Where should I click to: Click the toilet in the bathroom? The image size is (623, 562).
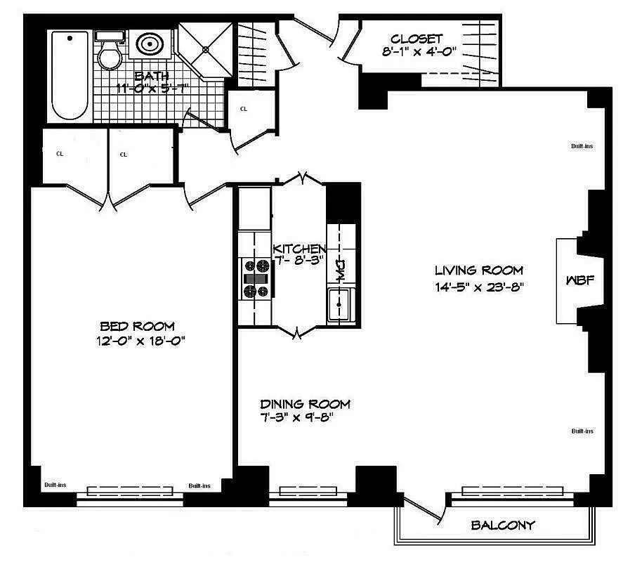pyautogui.click(x=109, y=53)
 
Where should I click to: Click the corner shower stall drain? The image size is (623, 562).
pyautogui.click(x=204, y=49)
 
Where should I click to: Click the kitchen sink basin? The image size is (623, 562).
pyautogui.click(x=341, y=305)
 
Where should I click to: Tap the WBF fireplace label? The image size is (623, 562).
pyautogui.click(x=581, y=280)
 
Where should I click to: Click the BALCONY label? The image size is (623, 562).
pyautogui.click(x=503, y=525)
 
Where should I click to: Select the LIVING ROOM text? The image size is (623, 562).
pyautogui.click(x=478, y=270)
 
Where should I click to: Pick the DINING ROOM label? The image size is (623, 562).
pyautogui.click(x=305, y=404)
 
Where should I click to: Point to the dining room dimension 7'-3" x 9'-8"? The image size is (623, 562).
pyautogui.click(x=296, y=417)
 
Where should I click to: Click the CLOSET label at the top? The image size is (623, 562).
pyautogui.click(x=417, y=39)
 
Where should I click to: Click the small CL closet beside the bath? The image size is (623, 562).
pyautogui.click(x=244, y=110)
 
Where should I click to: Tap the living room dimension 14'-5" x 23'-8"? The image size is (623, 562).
pyautogui.click(x=480, y=287)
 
